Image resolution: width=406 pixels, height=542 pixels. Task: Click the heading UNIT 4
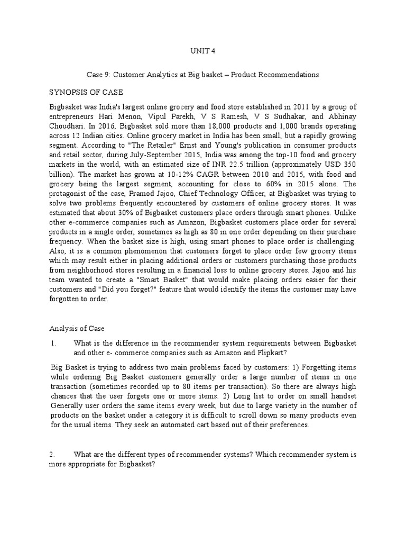[203, 51]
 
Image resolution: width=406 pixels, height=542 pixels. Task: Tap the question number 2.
[52, 455]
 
